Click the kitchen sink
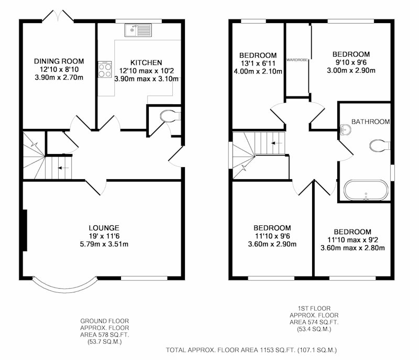click(138, 30)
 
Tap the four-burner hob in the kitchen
click(104, 70)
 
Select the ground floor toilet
click(171, 116)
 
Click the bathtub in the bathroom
click(366, 190)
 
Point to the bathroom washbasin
click(346, 129)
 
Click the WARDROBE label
click(297, 60)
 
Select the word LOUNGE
click(104, 228)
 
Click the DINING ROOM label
click(59, 61)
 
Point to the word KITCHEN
click(146, 62)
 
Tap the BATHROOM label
click(370, 122)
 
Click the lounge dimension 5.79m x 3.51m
click(104, 244)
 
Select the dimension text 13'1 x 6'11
click(258, 63)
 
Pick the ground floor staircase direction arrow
click(63, 168)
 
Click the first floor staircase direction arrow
click(277, 143)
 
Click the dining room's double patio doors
click(58, 16)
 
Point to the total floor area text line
click(251, 350)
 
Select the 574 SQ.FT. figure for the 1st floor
click(322, 322)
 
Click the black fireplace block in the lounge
click(25, 231)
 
